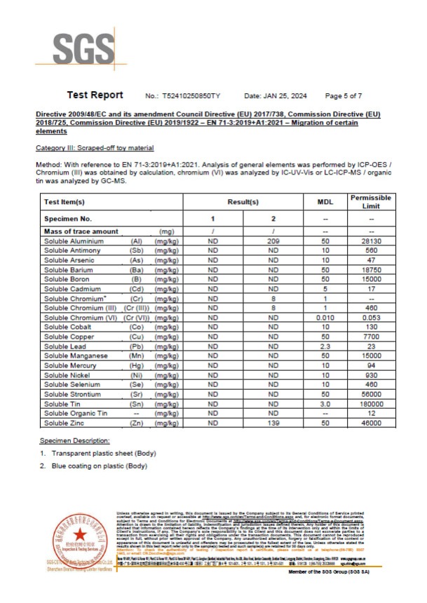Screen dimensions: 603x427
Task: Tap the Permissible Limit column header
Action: pyautogui.click(x=371, y=202)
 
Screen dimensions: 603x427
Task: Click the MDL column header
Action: pyautogui.click(x=325, y=202)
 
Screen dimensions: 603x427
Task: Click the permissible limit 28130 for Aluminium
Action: pyautogui.click(x=371, y=240)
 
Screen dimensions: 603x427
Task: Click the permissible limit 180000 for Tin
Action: pyautogui.click(x=371, y=404)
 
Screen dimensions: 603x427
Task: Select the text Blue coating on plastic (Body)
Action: pyautogui.click(x=98, y=466)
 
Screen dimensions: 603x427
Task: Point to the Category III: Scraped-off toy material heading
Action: pyautogui.click(x=95, y=148)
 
